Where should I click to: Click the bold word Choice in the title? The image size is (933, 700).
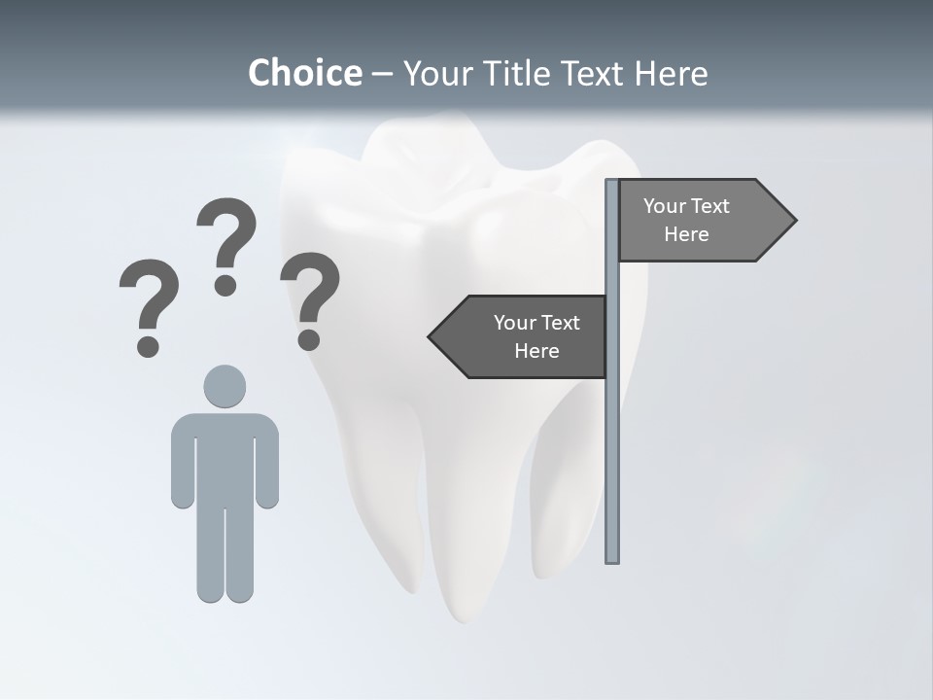click(304, 73)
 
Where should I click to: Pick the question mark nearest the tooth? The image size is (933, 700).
click(310, 297)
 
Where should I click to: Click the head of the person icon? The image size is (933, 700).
click(225, 386)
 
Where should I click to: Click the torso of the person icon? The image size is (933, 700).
click(225, 457)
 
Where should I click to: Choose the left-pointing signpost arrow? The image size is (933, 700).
click(520, 336)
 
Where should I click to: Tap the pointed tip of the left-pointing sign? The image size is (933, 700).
click(432, 336)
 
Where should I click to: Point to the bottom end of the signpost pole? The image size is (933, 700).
click(612, 559)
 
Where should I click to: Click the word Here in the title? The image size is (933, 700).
click(672, 73)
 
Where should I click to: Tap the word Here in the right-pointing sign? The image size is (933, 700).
click(686, 234)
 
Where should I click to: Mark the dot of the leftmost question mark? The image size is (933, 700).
click(148, 345)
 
